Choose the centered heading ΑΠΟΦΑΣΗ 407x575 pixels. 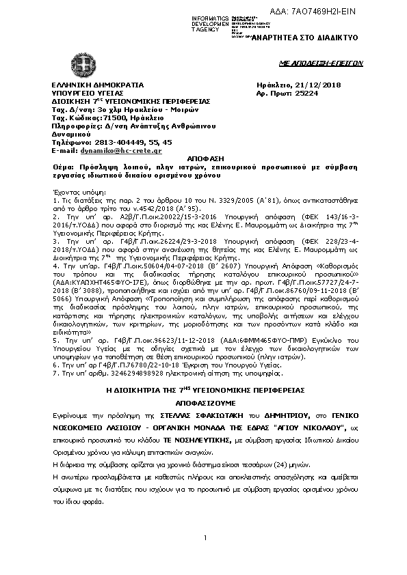point(204,158)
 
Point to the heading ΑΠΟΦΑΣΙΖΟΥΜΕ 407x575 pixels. point(203,402)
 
